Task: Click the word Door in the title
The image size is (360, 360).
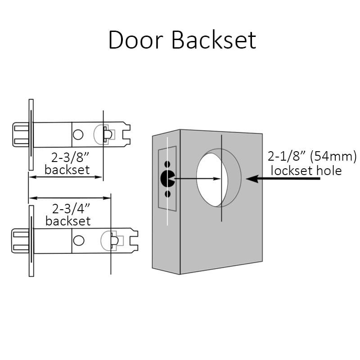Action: tap(136, 40)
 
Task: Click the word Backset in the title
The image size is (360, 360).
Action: tap(214, 40)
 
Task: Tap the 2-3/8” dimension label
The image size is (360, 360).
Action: tap(70, 158)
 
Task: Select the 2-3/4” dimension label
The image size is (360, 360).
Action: tap(71, 209)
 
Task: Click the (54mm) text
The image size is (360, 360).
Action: tap(333, 157)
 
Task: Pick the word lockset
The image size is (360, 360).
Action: tap(292, 171)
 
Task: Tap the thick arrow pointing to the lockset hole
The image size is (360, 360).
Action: tap(283, 179)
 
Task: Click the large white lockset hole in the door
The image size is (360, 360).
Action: tap(209, 180)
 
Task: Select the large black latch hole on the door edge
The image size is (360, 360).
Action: tap(167, 178)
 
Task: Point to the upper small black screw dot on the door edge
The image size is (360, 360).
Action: tap(167, 164)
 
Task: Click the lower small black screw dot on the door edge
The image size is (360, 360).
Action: tap(168, 194)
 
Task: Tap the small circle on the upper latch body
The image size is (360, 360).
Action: tap(78, 135)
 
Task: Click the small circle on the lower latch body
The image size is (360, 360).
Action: tap(78, 240)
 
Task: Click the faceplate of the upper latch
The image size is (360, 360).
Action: tap(31, 135)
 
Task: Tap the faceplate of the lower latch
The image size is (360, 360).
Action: tap(31, 241)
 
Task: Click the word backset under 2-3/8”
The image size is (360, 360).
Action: tap(67, 170)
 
